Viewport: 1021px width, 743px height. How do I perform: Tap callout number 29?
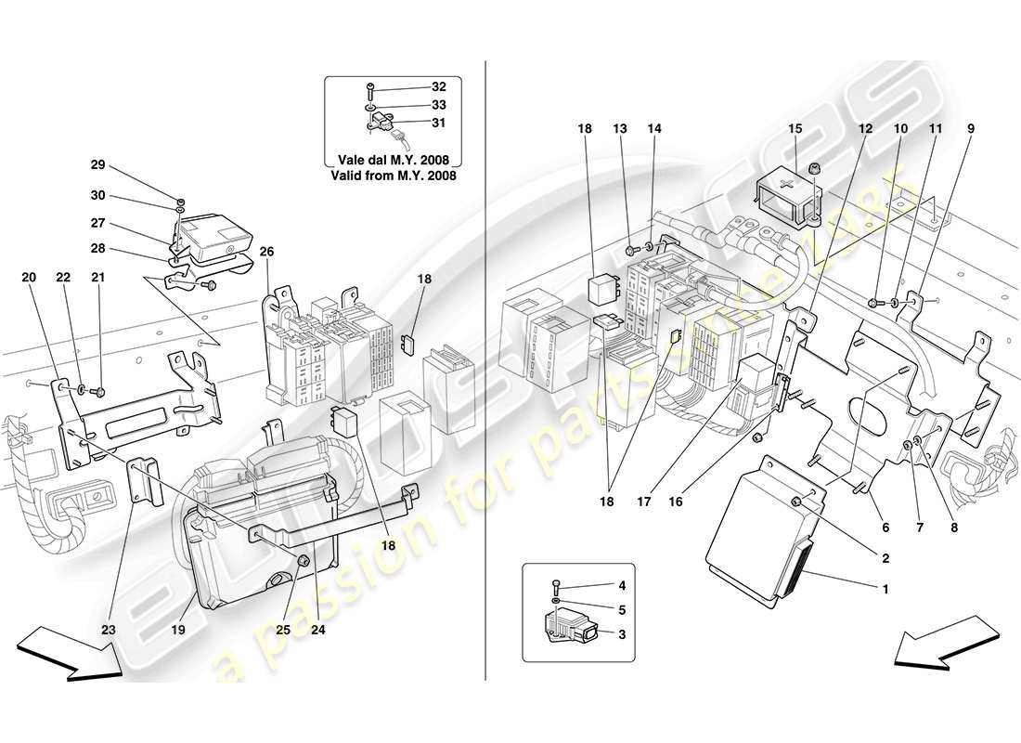click(97, 164)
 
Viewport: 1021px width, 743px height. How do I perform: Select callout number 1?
click(885, 588)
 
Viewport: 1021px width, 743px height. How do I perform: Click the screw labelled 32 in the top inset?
click(369, 90)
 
